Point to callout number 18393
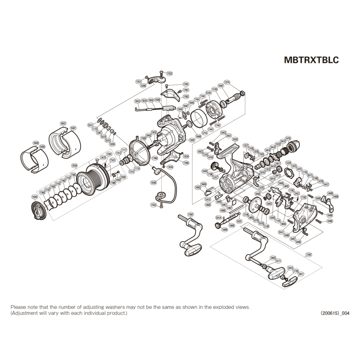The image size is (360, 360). coord(35,197)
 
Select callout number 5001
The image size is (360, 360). coord(90,125)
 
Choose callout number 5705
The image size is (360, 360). coord(205,133)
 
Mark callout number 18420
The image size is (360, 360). coord(234,139)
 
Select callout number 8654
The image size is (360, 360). coord(219,217)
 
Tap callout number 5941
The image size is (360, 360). coord(281,232)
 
